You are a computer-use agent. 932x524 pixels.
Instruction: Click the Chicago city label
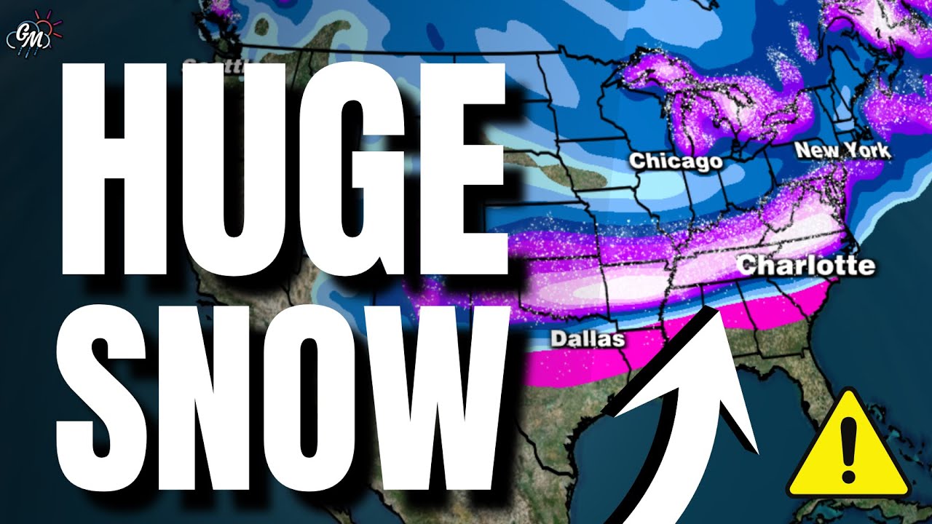[x=676, y=160]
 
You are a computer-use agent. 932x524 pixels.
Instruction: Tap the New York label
[x=842, y=151]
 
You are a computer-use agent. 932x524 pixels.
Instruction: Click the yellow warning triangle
[x=849, y=448]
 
